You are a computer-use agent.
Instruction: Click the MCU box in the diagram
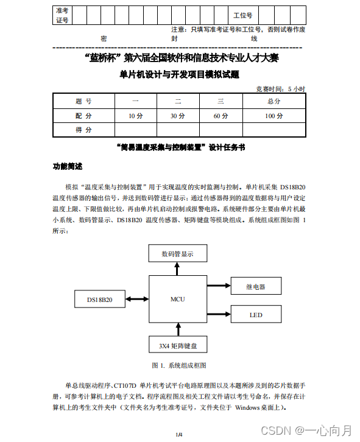coord(178,299)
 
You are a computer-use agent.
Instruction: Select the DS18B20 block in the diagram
coord(99,299)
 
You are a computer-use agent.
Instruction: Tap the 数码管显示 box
coord(178,253)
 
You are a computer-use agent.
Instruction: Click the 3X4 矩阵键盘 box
coord(178,345)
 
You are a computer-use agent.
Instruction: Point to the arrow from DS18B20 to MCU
coord(138,299)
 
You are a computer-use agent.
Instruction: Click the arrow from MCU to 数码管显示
coord(178,268)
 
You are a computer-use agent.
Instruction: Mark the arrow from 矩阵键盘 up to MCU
coord(178,329)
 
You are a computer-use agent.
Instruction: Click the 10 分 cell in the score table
coord(136,115)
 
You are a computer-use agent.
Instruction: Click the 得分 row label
coord(83,130)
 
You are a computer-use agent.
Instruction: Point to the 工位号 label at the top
coord(242,15)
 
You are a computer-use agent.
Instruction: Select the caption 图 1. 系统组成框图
coord(179,365)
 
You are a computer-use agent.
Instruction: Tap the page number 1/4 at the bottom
coord(179,434)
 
